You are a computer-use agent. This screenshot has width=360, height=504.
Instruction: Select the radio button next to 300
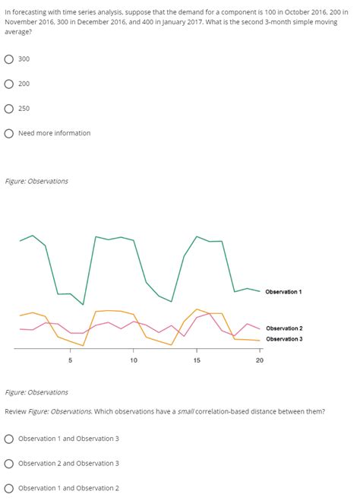click(9, 59)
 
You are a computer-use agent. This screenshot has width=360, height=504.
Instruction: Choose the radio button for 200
click(9, 84)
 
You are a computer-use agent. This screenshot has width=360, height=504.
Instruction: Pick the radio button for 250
click(9, 109)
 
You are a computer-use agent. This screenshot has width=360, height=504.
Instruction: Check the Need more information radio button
click(9, 134)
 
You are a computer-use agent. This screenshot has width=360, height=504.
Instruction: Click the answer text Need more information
click(54, 134)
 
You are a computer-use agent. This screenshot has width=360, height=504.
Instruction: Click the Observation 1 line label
click(283, 292)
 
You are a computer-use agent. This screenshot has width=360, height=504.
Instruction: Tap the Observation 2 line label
click(283, 328)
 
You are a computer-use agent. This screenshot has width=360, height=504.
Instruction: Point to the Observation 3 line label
click(283, 339)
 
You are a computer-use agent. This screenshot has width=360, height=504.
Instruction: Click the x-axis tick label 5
click(71, 360)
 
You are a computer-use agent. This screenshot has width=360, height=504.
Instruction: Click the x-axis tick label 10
click(133, 360)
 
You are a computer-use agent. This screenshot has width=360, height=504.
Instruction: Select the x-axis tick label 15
click(197, 360)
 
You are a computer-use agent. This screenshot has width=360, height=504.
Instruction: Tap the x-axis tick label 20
click(259, 360)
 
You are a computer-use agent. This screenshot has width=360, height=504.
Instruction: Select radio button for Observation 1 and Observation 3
click(9, 439)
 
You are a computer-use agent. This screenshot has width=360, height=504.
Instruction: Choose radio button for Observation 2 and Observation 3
click(9, 464)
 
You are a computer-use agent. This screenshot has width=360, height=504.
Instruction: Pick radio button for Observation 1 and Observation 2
click(9, 488)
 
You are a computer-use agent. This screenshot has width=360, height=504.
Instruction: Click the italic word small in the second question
click(185, 411)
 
